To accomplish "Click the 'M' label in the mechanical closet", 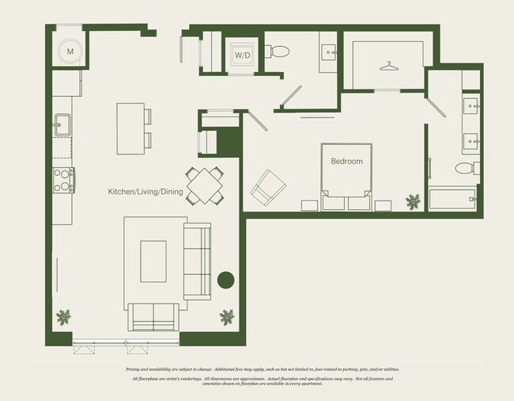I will click(70, 52).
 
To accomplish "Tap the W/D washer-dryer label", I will click(240, 55).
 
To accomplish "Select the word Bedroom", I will click(346, 162).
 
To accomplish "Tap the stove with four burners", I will click(63, 181).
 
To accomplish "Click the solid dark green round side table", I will click(226, 281).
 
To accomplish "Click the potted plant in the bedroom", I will click(412, 201).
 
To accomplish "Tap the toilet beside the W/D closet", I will click(279, 52).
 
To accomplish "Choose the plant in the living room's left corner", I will click(64, 317).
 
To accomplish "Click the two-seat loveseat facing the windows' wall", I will click(154, 316).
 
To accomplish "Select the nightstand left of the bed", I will click(309, 204).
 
